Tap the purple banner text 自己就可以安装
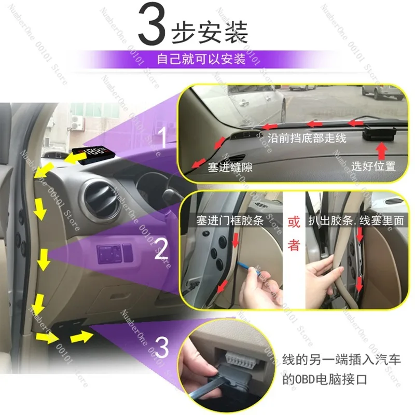click(x=201, y=59)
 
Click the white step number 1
click(x=163, y=137)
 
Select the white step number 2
click(x=161, y=248)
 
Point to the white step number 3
click(x=161, y=347)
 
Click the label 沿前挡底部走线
click(x=307, y=138)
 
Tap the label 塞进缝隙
click(x=230, y=167)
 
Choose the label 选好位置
click(x=374, y=166)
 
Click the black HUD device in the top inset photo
click(x=379, y=134)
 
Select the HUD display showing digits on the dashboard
click(x=94, y=154)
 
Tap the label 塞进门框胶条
click(x=230, y=220)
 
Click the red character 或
click(x=294, y=222)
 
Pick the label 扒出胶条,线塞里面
click(x=356, y=220)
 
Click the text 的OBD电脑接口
click(x=325, y=380)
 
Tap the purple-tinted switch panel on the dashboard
click(x=115, y=254)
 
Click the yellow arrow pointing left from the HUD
click(x=73, y=158)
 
